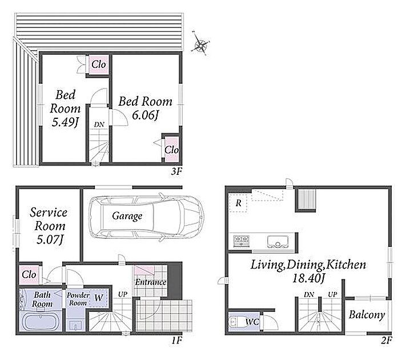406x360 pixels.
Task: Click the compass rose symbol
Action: click(x=200, y=45)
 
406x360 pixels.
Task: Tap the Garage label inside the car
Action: click(x=127, y=217)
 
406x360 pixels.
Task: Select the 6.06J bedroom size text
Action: click(x=145, y=115)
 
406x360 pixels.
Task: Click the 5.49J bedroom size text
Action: click(x=65, y=122)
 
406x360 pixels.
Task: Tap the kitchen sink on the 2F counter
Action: click(x=278, y=242)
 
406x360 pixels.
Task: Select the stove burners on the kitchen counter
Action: click(x=242, y=241)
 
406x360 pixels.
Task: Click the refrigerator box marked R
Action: click(x=238, y=203)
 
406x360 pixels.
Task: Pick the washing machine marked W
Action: click(x=98, y=298)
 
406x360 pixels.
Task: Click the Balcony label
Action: click(x=367, y=315)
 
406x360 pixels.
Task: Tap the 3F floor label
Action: click(x=176, y=171)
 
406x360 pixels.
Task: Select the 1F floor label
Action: click(x=177, y=340)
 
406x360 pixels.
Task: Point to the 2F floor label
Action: click(x=387, y=340)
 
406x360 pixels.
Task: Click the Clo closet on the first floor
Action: click(x=29, y=275)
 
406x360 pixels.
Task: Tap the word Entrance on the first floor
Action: click(x=150, y=282)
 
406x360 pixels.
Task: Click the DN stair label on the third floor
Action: click(x=99, y=125)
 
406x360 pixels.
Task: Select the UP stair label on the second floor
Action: click(x=332, y=295)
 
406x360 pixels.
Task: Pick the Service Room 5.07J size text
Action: click(x=50, y=240)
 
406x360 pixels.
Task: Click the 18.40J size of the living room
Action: click(x=308, y=278)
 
